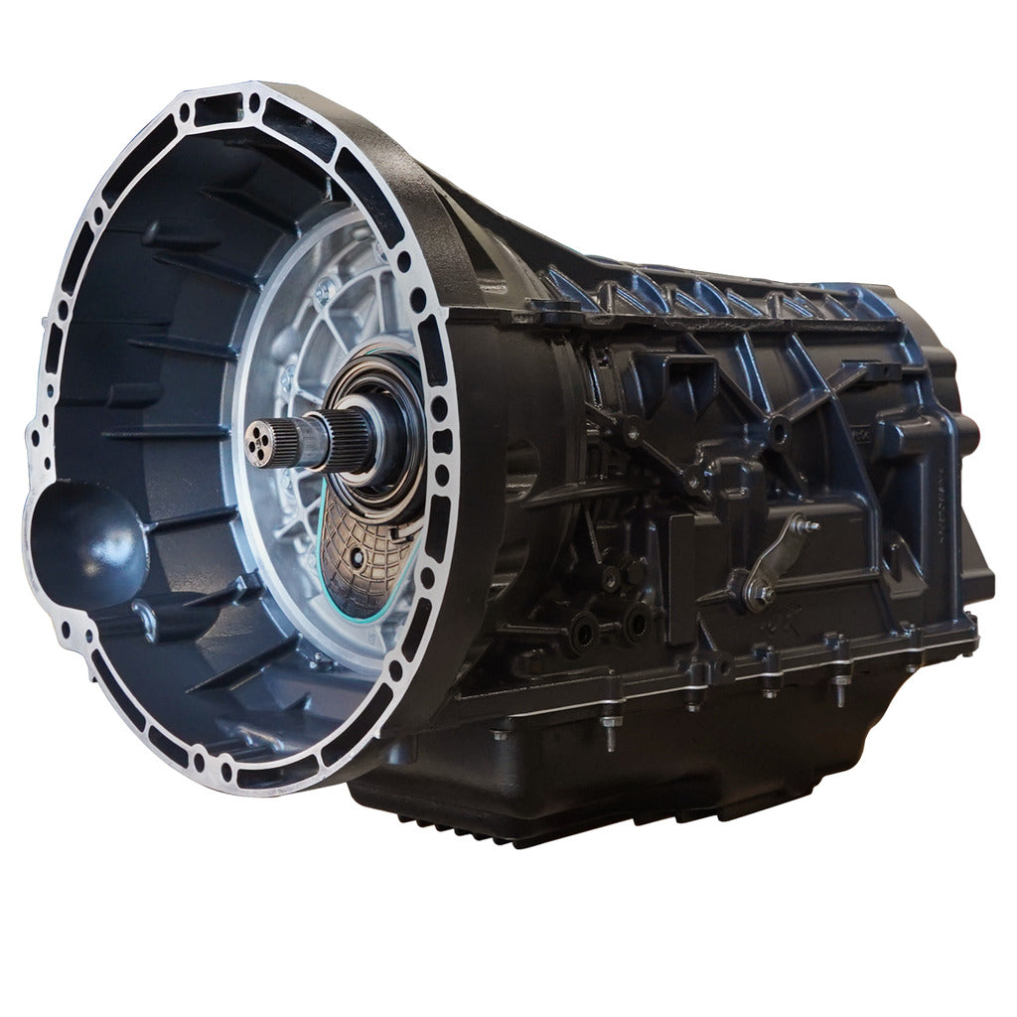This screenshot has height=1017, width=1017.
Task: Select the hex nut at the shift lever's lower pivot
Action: [766, 594]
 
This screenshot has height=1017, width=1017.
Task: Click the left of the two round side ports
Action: [584, 626]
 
